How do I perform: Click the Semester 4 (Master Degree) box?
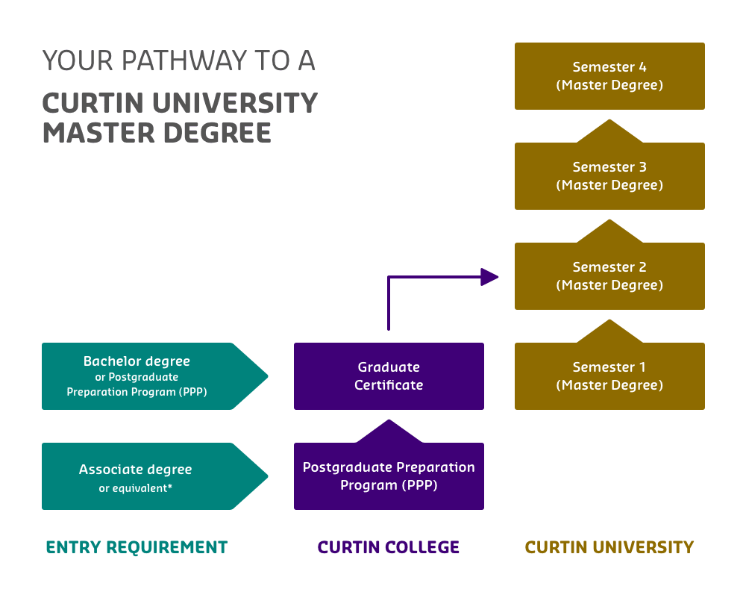[609, 76]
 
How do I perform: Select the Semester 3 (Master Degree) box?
[609, 176]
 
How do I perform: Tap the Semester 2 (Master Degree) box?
[609, 276]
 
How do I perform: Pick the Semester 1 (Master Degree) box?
[609, 376]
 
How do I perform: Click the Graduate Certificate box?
[389, 376]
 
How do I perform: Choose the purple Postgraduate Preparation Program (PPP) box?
[389, 476]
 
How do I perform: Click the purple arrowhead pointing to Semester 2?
[489, 277]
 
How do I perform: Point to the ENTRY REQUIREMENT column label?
[137, 547]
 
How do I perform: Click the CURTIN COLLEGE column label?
[389, 547]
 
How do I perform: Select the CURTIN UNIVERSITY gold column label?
[609, 547]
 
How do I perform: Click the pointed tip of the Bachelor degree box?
[264, 376]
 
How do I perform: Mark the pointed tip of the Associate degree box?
[264, 476]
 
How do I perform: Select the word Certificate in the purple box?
[389, 385]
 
